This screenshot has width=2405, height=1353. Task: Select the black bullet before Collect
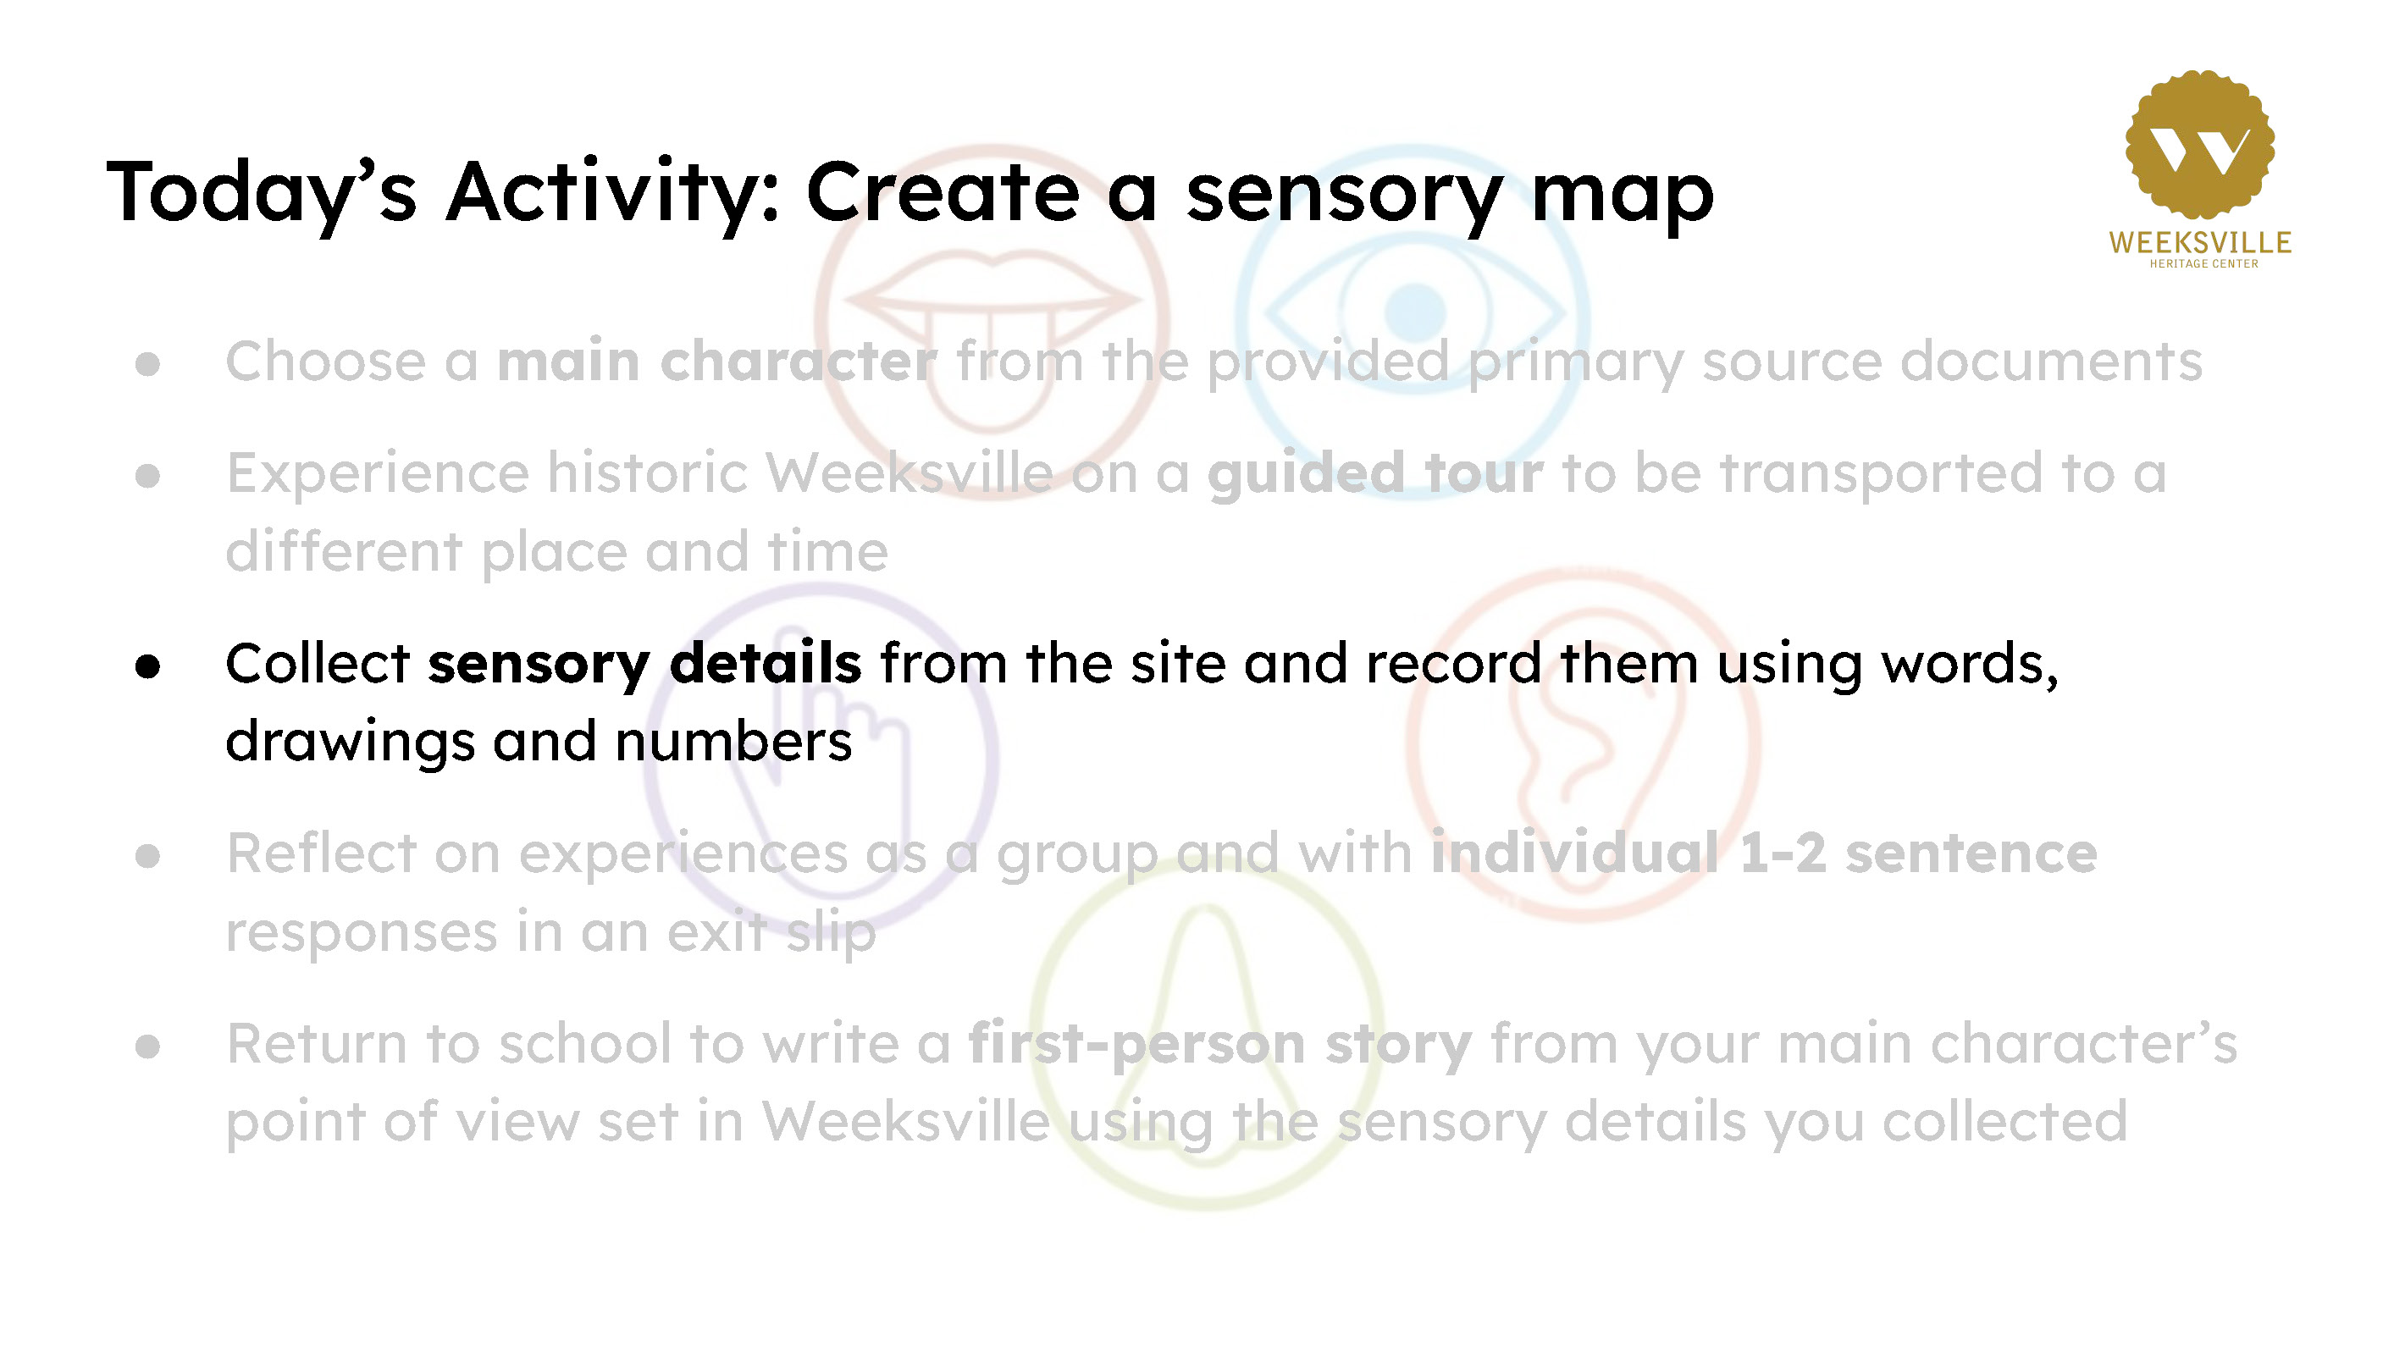(147, 665)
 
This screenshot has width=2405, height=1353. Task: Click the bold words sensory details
(644, 664)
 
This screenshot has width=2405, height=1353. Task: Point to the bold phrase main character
(716, 362)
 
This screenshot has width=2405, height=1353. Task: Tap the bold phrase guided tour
(1375, 473)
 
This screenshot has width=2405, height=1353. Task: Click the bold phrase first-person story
(1220, 1043)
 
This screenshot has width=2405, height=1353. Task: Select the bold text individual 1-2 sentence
(1764, 853)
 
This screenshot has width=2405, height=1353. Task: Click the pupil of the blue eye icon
(1415, 312)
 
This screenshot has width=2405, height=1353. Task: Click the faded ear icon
(1584, 743)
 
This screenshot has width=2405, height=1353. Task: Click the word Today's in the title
(262, 194)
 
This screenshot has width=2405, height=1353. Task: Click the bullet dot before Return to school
(147, 1047)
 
